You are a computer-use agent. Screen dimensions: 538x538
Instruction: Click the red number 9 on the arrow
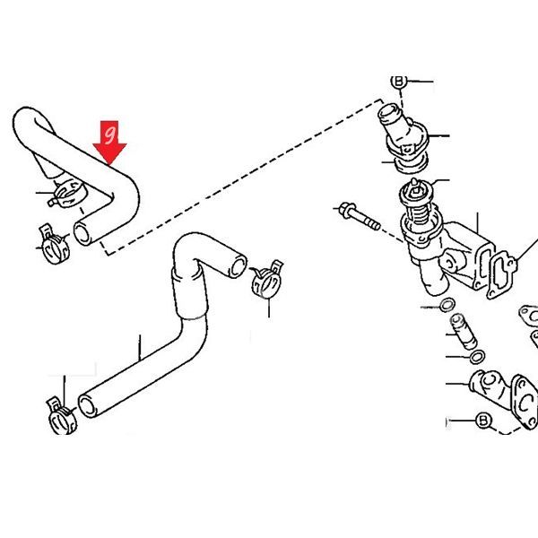(x=110, y=135)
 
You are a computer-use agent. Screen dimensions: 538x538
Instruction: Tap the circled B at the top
(x=399, y=82)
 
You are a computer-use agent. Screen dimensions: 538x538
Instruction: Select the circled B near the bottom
(x=483, y=421)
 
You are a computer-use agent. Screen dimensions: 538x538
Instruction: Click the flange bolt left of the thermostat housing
(x=359, y=216)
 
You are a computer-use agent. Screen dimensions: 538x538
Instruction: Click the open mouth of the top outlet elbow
(x=389, y=113)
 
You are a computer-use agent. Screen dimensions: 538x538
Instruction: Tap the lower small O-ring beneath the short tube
(x=477, y=357)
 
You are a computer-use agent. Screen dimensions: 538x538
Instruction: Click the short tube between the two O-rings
(x=464, y=331)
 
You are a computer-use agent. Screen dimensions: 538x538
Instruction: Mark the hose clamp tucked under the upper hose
(x=67, y=194)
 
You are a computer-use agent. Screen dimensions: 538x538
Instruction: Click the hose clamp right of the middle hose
(x=267, y=279)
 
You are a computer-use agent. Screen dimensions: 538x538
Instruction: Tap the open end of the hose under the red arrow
(x=82, y=233)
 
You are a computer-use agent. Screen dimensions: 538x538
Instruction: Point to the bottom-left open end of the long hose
(x=87, y=406)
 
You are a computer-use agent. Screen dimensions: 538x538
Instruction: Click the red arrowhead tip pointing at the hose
(x=109, y=165)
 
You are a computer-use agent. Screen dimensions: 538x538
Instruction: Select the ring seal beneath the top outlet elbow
(x=411, y=163)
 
